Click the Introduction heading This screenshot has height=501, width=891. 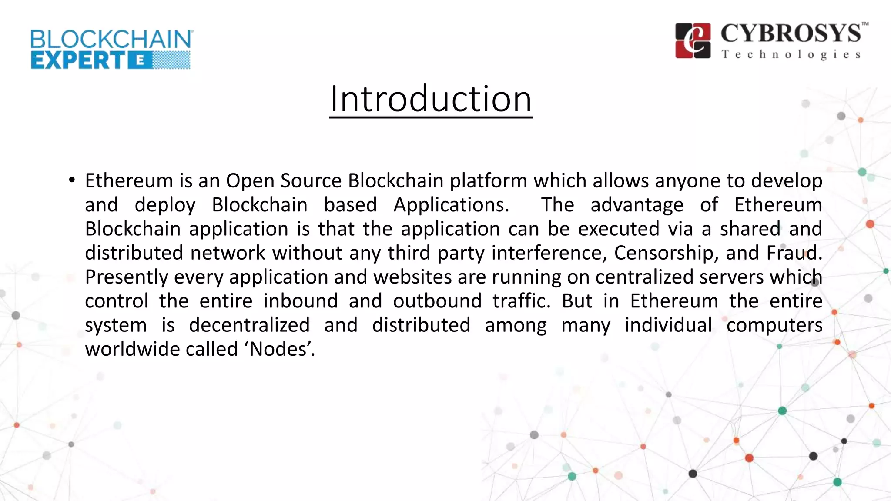point(431,99)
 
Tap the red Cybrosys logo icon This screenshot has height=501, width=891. point(693,40)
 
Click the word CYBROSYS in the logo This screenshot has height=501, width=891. point(791,33)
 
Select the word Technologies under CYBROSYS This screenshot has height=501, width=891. point(791,55)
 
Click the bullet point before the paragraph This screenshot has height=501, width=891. point(72,180)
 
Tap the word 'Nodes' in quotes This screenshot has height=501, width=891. point(281,349)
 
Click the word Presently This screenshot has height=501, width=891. point(127,277)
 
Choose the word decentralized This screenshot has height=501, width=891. point(249,325)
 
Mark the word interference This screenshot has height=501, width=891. point(549,253)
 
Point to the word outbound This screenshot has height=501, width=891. point(437,301)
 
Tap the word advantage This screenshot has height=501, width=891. point(637,205)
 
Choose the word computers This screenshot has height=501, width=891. point(774,325)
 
